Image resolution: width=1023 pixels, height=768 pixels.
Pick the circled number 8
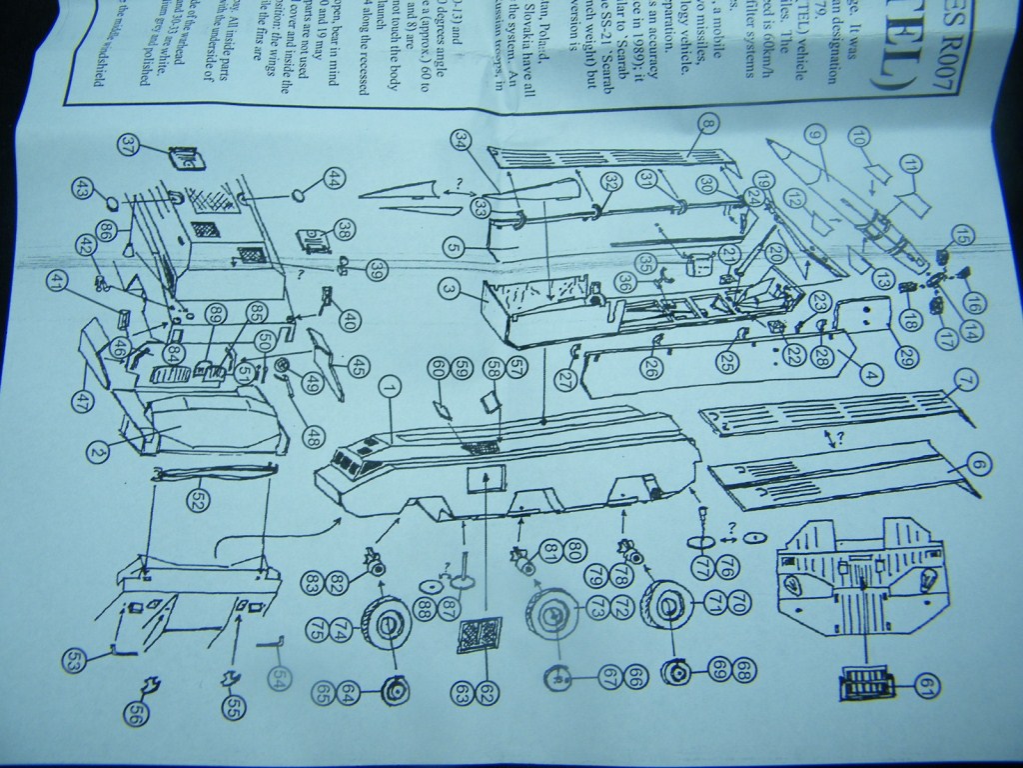(708, 125)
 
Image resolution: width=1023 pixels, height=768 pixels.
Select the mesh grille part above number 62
(479, 634)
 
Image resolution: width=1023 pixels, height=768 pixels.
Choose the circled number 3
(451, 290)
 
